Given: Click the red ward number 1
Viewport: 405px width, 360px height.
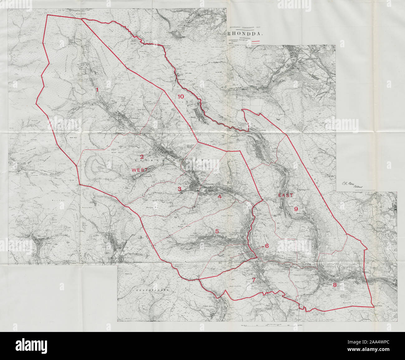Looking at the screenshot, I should tap(97, 90).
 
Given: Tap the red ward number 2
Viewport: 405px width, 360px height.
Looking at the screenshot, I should tap(142, 157).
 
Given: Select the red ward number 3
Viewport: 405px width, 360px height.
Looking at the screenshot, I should tap(179, 189).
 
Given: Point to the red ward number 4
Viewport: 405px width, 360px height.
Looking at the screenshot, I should tap(220, 197).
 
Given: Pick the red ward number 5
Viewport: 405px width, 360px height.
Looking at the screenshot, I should tap(217, 231).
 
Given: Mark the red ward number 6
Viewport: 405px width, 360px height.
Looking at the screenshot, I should tap(267, 246).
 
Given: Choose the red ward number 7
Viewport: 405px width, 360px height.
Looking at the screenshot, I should tap(254, 280).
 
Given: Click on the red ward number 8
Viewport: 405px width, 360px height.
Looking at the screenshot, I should tap(335, 285).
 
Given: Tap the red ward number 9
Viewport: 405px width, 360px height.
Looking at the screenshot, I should tap(296, 209).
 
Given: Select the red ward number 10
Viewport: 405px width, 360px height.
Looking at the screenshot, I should tap(181, 97).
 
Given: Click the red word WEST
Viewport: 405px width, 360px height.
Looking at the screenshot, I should tap(140, 170).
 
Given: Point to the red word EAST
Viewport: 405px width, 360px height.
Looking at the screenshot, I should tap(286, 196).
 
